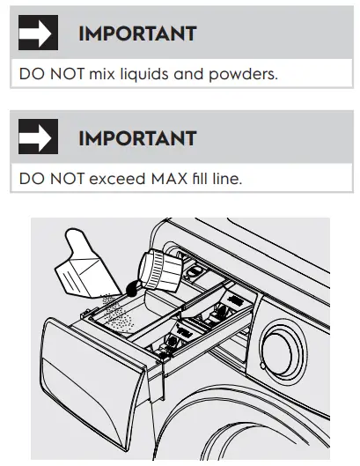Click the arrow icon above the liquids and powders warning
tap(38, 34)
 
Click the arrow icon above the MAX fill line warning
tap(38, 138)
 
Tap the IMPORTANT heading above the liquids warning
tap(136, 35)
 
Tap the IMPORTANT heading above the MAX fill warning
tap(136, 139)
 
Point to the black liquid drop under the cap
tap(129, 287)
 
